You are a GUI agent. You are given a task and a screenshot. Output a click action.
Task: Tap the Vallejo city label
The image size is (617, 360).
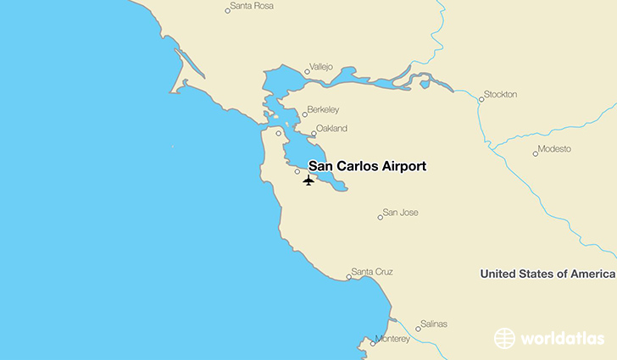point(322,66)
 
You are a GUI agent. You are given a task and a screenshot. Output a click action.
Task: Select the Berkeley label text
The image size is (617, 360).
point(323,110)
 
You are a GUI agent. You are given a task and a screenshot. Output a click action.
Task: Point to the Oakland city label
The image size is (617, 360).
point(331,130)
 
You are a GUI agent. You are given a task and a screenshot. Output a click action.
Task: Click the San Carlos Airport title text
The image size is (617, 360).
point(367,166)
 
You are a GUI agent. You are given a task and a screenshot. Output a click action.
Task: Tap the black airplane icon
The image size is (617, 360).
point(308,180)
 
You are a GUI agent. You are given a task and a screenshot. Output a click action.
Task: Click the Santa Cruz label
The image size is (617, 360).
point(372,272)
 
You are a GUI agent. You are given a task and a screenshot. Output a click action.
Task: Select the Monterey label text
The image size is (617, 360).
point(392,339)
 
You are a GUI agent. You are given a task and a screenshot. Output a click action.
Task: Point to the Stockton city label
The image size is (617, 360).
point(500,94)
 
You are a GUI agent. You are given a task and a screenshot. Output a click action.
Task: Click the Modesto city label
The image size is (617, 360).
point(556,149)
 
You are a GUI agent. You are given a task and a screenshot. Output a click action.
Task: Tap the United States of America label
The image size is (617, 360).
point(547,274)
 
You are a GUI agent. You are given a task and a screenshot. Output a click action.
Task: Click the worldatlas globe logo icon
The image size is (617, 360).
point(505,338)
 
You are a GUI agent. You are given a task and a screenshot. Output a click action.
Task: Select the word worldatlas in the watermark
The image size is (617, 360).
point(563,338)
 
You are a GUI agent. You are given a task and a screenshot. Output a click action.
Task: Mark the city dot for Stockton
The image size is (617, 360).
point(481,99)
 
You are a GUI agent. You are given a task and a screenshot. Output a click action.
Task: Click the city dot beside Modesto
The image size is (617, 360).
point(536,153)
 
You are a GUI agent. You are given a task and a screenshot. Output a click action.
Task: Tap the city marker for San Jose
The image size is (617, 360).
point(380,217)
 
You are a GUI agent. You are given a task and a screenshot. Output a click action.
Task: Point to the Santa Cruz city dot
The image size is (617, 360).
point(349,276)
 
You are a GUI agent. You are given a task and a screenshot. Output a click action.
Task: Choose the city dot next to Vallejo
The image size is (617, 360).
point(307,71)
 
